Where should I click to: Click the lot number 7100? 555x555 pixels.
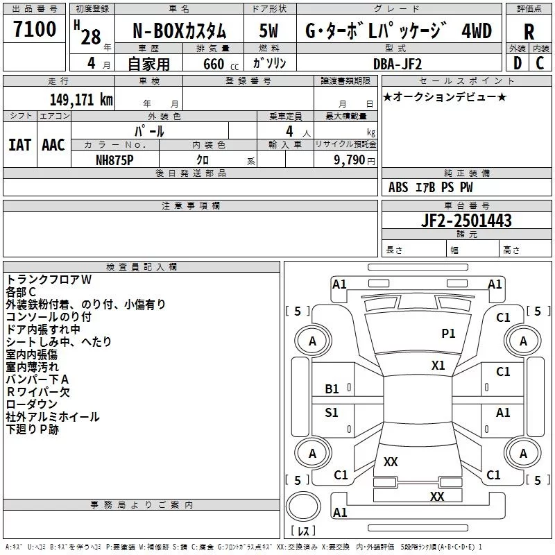[35, 29]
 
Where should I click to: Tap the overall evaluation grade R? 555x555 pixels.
[529, 31]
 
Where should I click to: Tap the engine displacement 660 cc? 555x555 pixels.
[212, 65]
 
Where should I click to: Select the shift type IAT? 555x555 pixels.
[20, 145]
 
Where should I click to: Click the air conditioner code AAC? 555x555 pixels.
[53, 145]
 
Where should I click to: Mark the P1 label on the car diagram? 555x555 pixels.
[449, 334]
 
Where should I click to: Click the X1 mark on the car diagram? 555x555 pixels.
[438, 365]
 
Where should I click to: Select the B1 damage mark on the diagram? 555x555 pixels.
[332, 389]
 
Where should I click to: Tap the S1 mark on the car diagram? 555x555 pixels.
[332, 413]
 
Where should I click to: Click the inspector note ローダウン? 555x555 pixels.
[31, 404]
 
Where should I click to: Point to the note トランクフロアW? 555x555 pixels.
[49, 280]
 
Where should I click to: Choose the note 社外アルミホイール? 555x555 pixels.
[53, 417]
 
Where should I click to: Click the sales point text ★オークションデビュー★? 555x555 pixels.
[444, 96]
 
